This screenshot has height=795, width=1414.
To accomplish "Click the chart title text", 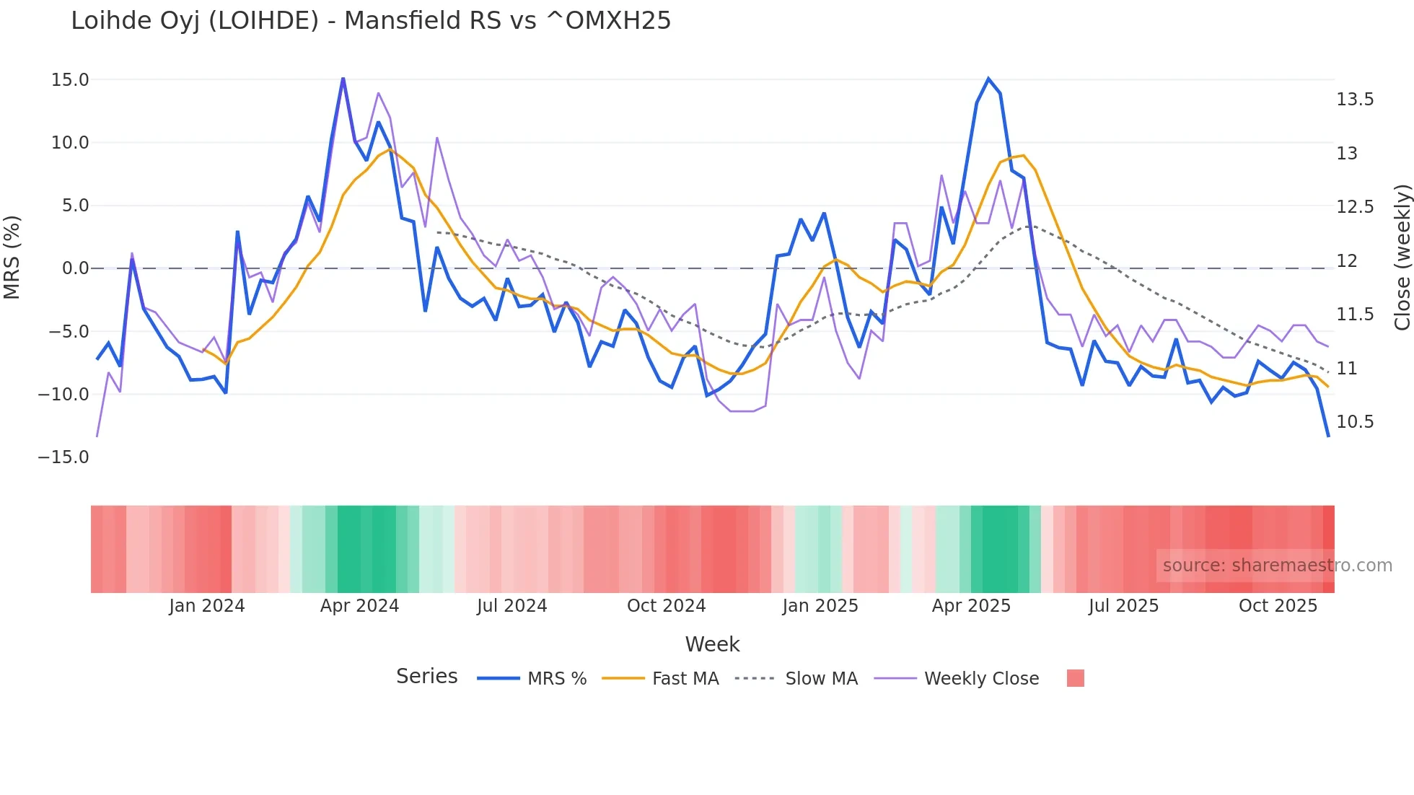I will pyautogui.click(x=371, y=21).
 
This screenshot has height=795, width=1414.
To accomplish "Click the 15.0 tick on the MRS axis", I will pyautogui.click(x=70, y=80).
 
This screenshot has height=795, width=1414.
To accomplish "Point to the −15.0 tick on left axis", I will pyautogui.click(x=63, y=457).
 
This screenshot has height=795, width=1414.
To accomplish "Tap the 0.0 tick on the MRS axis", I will pyautogui.click(x=75, y=268).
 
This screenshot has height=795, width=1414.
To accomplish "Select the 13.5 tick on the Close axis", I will pyautogui.click(x=1355, y=100).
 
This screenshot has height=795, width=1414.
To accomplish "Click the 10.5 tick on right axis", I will pyautogui.click(x=1355, y=422).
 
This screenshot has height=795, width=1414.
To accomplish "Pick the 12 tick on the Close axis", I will pyautogui.click(x=1347, y=261).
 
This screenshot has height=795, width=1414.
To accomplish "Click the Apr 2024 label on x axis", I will pyautogui.click(x=359, y=606).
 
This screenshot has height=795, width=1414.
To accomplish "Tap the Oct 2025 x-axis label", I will pyautogui.click(x=1278, y=606).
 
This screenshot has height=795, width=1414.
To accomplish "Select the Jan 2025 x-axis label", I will pyautogui.click(x=820, y=606).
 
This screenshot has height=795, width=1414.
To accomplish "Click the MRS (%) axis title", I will pyautogui.click(x=12, y=258).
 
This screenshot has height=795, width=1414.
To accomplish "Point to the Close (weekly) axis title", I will pyautogui.click(x=1402, y=258).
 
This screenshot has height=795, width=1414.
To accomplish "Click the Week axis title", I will pyautogui.click(x=712, y=644).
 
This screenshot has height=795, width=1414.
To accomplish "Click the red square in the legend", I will pyautogui.click(x=1075, y=678).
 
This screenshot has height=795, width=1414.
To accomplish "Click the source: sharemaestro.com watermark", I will pyautogui.click(x=1277, y=566).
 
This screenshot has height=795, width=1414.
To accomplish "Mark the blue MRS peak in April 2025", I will pyautogui.click(x=988, y=79).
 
